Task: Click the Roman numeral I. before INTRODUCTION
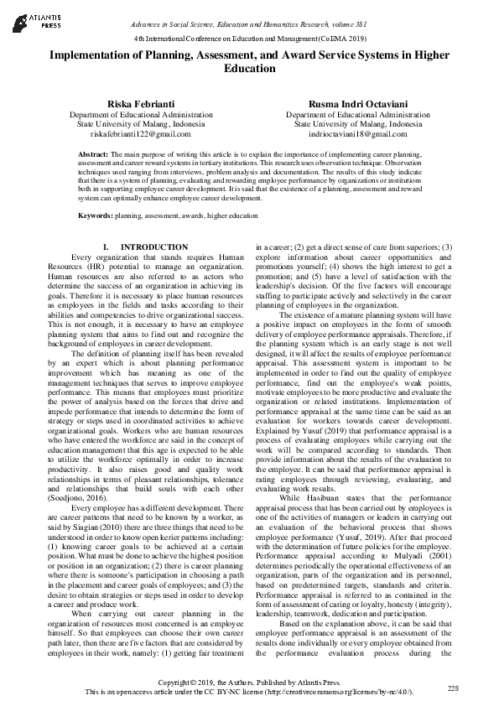pos(106,247)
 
